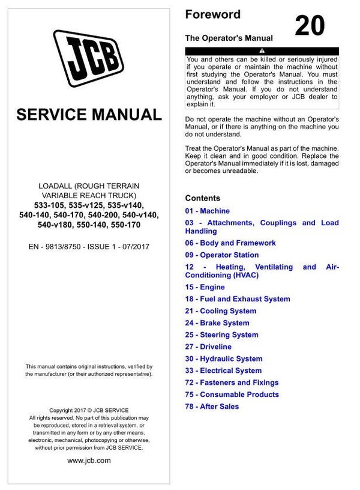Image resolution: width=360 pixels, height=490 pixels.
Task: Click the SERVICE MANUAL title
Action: coord(89,114)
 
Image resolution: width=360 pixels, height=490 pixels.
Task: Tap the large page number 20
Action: coord(310,26)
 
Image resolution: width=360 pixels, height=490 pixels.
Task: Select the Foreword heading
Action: coord(212,14)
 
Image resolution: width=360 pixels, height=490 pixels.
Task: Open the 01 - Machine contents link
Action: coord(207,211)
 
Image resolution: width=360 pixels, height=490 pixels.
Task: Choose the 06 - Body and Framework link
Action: coord(230,243)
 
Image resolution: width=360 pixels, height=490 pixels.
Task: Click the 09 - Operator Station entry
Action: coord(222,255)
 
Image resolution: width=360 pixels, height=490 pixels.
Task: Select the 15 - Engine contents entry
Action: coord(205,287)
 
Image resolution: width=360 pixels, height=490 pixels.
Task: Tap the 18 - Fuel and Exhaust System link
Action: coord(237,299)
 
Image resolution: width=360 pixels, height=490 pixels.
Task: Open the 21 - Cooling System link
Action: coord(220,311)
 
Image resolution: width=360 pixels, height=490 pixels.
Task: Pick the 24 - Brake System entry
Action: coord(217,323)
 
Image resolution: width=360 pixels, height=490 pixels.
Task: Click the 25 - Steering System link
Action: coord(221,335)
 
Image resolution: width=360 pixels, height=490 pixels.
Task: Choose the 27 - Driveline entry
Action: coord(208,347)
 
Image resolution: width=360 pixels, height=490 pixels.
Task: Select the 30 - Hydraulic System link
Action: coord(223,359)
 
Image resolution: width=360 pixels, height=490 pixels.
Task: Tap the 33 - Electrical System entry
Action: coord(223,371)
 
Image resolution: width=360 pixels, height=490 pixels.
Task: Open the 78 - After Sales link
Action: coord(212,407)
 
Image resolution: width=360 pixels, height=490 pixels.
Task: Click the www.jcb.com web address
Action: coord(89,461)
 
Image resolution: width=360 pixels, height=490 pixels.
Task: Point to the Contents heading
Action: coord(202,198)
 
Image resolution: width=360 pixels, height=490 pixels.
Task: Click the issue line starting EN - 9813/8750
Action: coord(89,246)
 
